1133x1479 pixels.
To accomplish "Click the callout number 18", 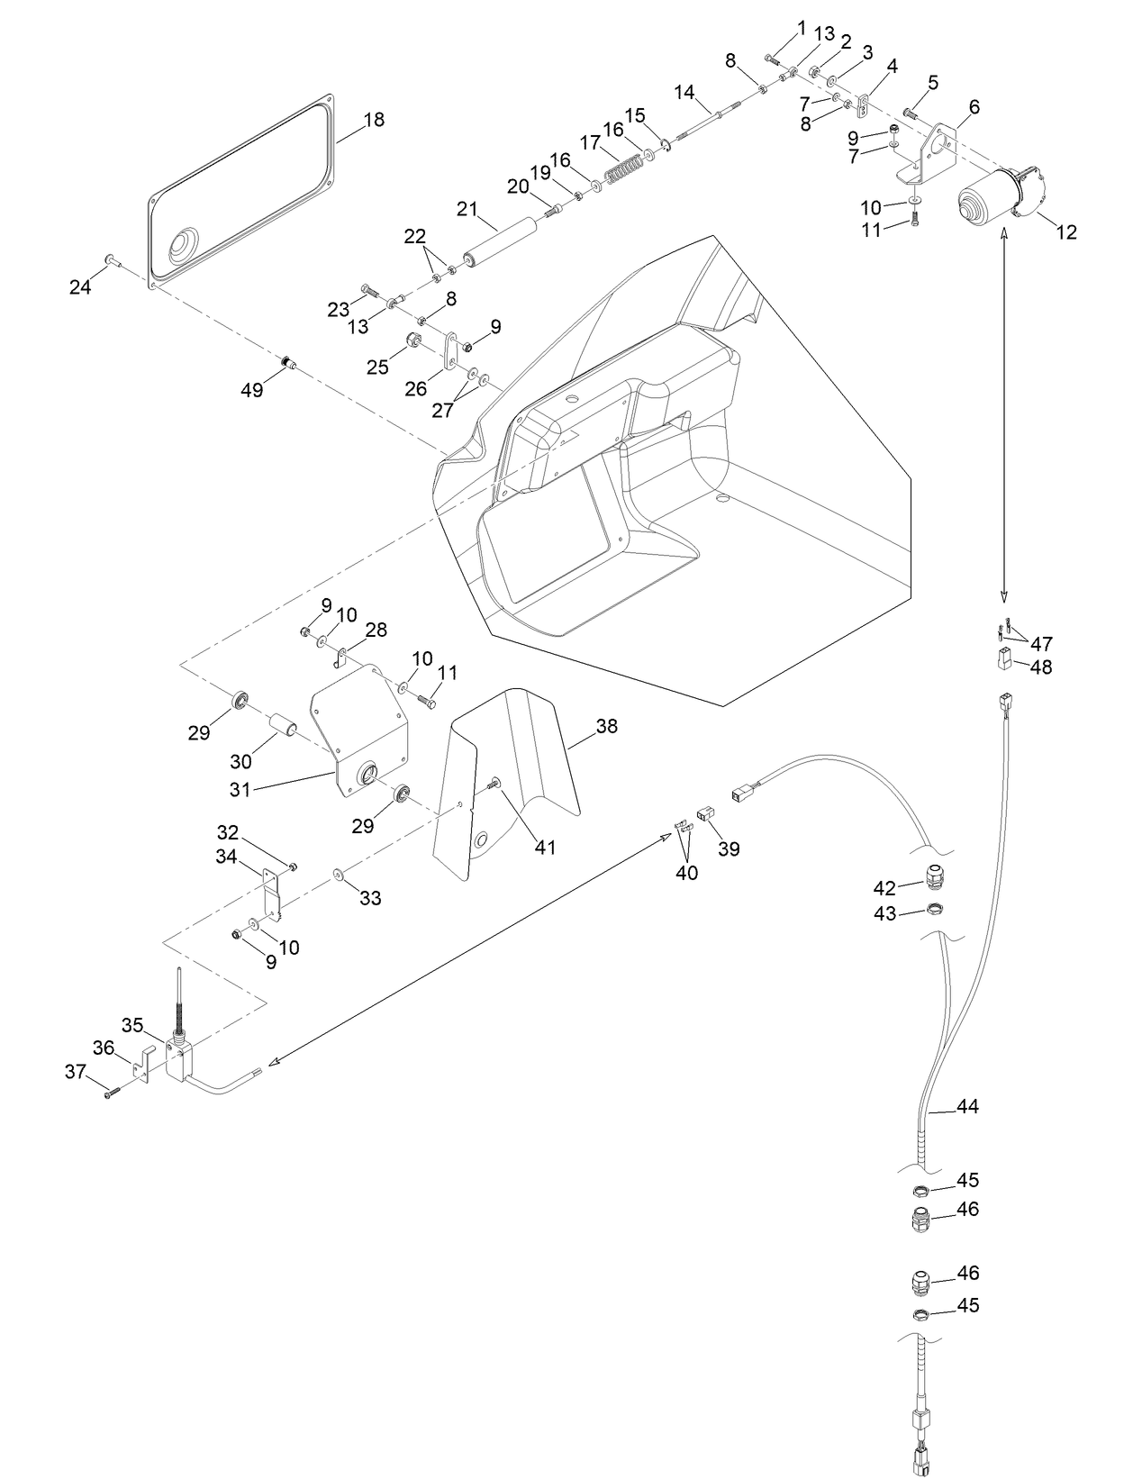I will point(374,120).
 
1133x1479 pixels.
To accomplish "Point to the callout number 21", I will point(467,209).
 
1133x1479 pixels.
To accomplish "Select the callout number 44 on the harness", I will point(967,1107).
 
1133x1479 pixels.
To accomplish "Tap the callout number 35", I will point(132,1025).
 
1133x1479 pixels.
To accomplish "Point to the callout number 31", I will point(240,789).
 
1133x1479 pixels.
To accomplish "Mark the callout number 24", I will point(80,287).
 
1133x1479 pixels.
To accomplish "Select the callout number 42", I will point(884,888).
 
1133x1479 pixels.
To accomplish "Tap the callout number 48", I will point(1040,667).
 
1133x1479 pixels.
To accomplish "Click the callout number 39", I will point(729,848).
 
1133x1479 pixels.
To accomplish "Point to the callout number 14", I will point(684,92).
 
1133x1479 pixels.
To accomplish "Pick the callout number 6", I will point(974,107).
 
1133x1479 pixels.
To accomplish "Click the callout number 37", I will point(75,1071).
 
